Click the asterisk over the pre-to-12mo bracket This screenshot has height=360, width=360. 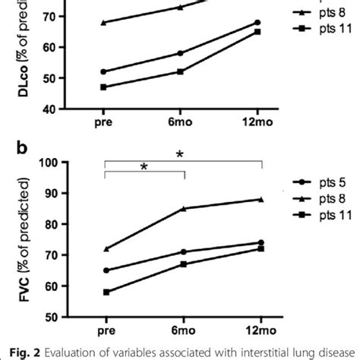pyautogui.click(x=179, y=154)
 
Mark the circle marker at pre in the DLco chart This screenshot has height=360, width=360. pyautogui.click(x=103, y=71)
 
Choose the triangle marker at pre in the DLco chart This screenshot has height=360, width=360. pyautogui.click(x=103, y=22)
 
